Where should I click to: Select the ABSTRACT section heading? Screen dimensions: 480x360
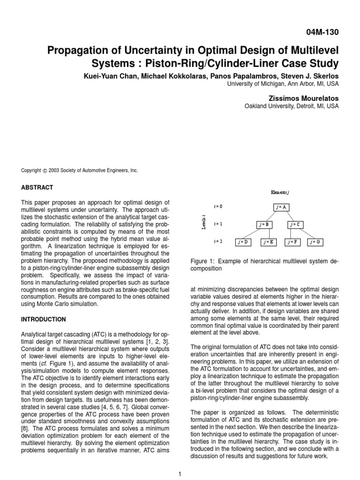(37, 187)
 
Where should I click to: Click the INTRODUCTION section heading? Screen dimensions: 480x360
(44, 319)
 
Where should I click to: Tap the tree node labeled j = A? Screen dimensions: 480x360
(281, 207)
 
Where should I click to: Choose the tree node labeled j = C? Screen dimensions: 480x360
(295, 225)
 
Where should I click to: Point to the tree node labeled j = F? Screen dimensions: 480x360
(293, 242)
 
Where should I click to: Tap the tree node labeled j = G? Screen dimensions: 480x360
(316, 242)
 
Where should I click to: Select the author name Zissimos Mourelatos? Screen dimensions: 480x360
(301, 97)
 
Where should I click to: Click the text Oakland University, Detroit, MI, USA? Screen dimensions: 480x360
(291, 106)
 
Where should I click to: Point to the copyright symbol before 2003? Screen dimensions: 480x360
(45, 171)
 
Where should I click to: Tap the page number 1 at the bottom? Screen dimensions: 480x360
(180, 474)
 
